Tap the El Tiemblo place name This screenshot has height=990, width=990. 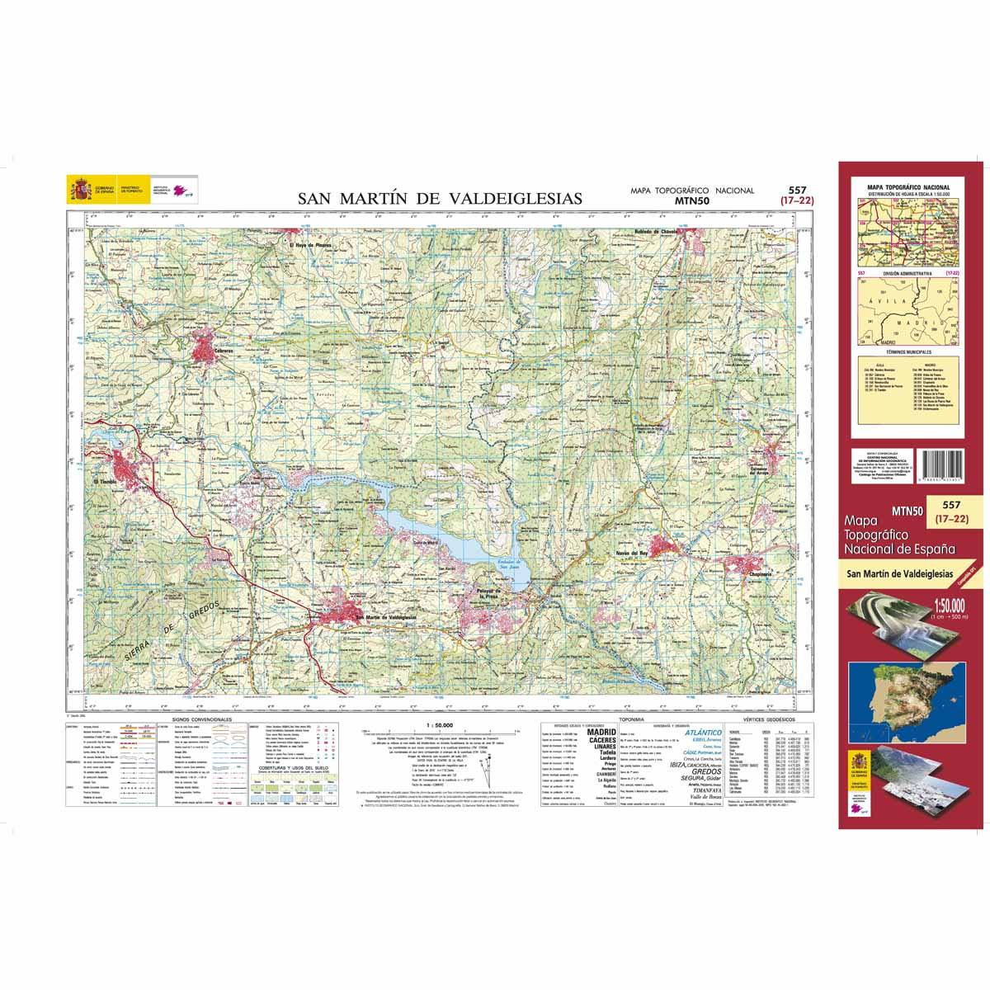106,481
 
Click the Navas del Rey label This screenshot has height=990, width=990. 633,553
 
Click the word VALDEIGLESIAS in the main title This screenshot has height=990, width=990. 513,199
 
